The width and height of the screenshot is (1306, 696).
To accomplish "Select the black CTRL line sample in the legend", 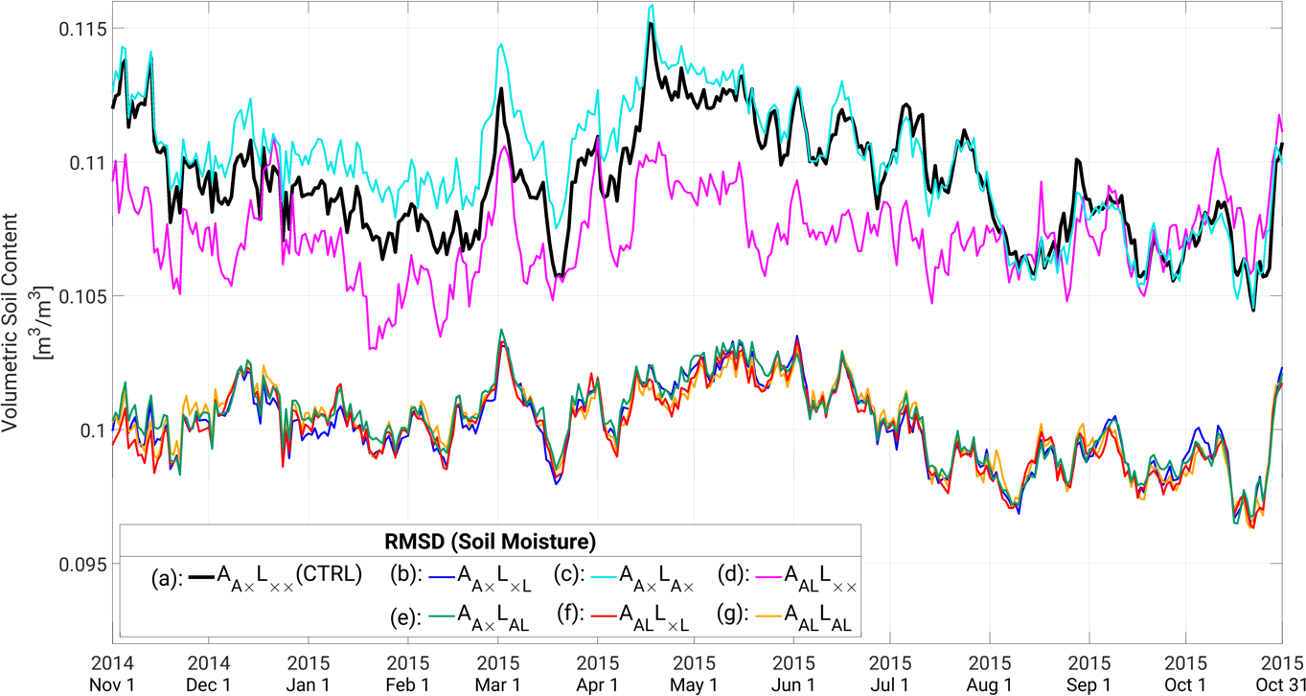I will coord(200,576).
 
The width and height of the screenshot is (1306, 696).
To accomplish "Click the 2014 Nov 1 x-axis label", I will coord(113,673).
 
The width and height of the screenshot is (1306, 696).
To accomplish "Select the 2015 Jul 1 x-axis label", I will coord(888,673).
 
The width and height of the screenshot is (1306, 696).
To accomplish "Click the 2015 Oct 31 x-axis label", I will coord(1281,673).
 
